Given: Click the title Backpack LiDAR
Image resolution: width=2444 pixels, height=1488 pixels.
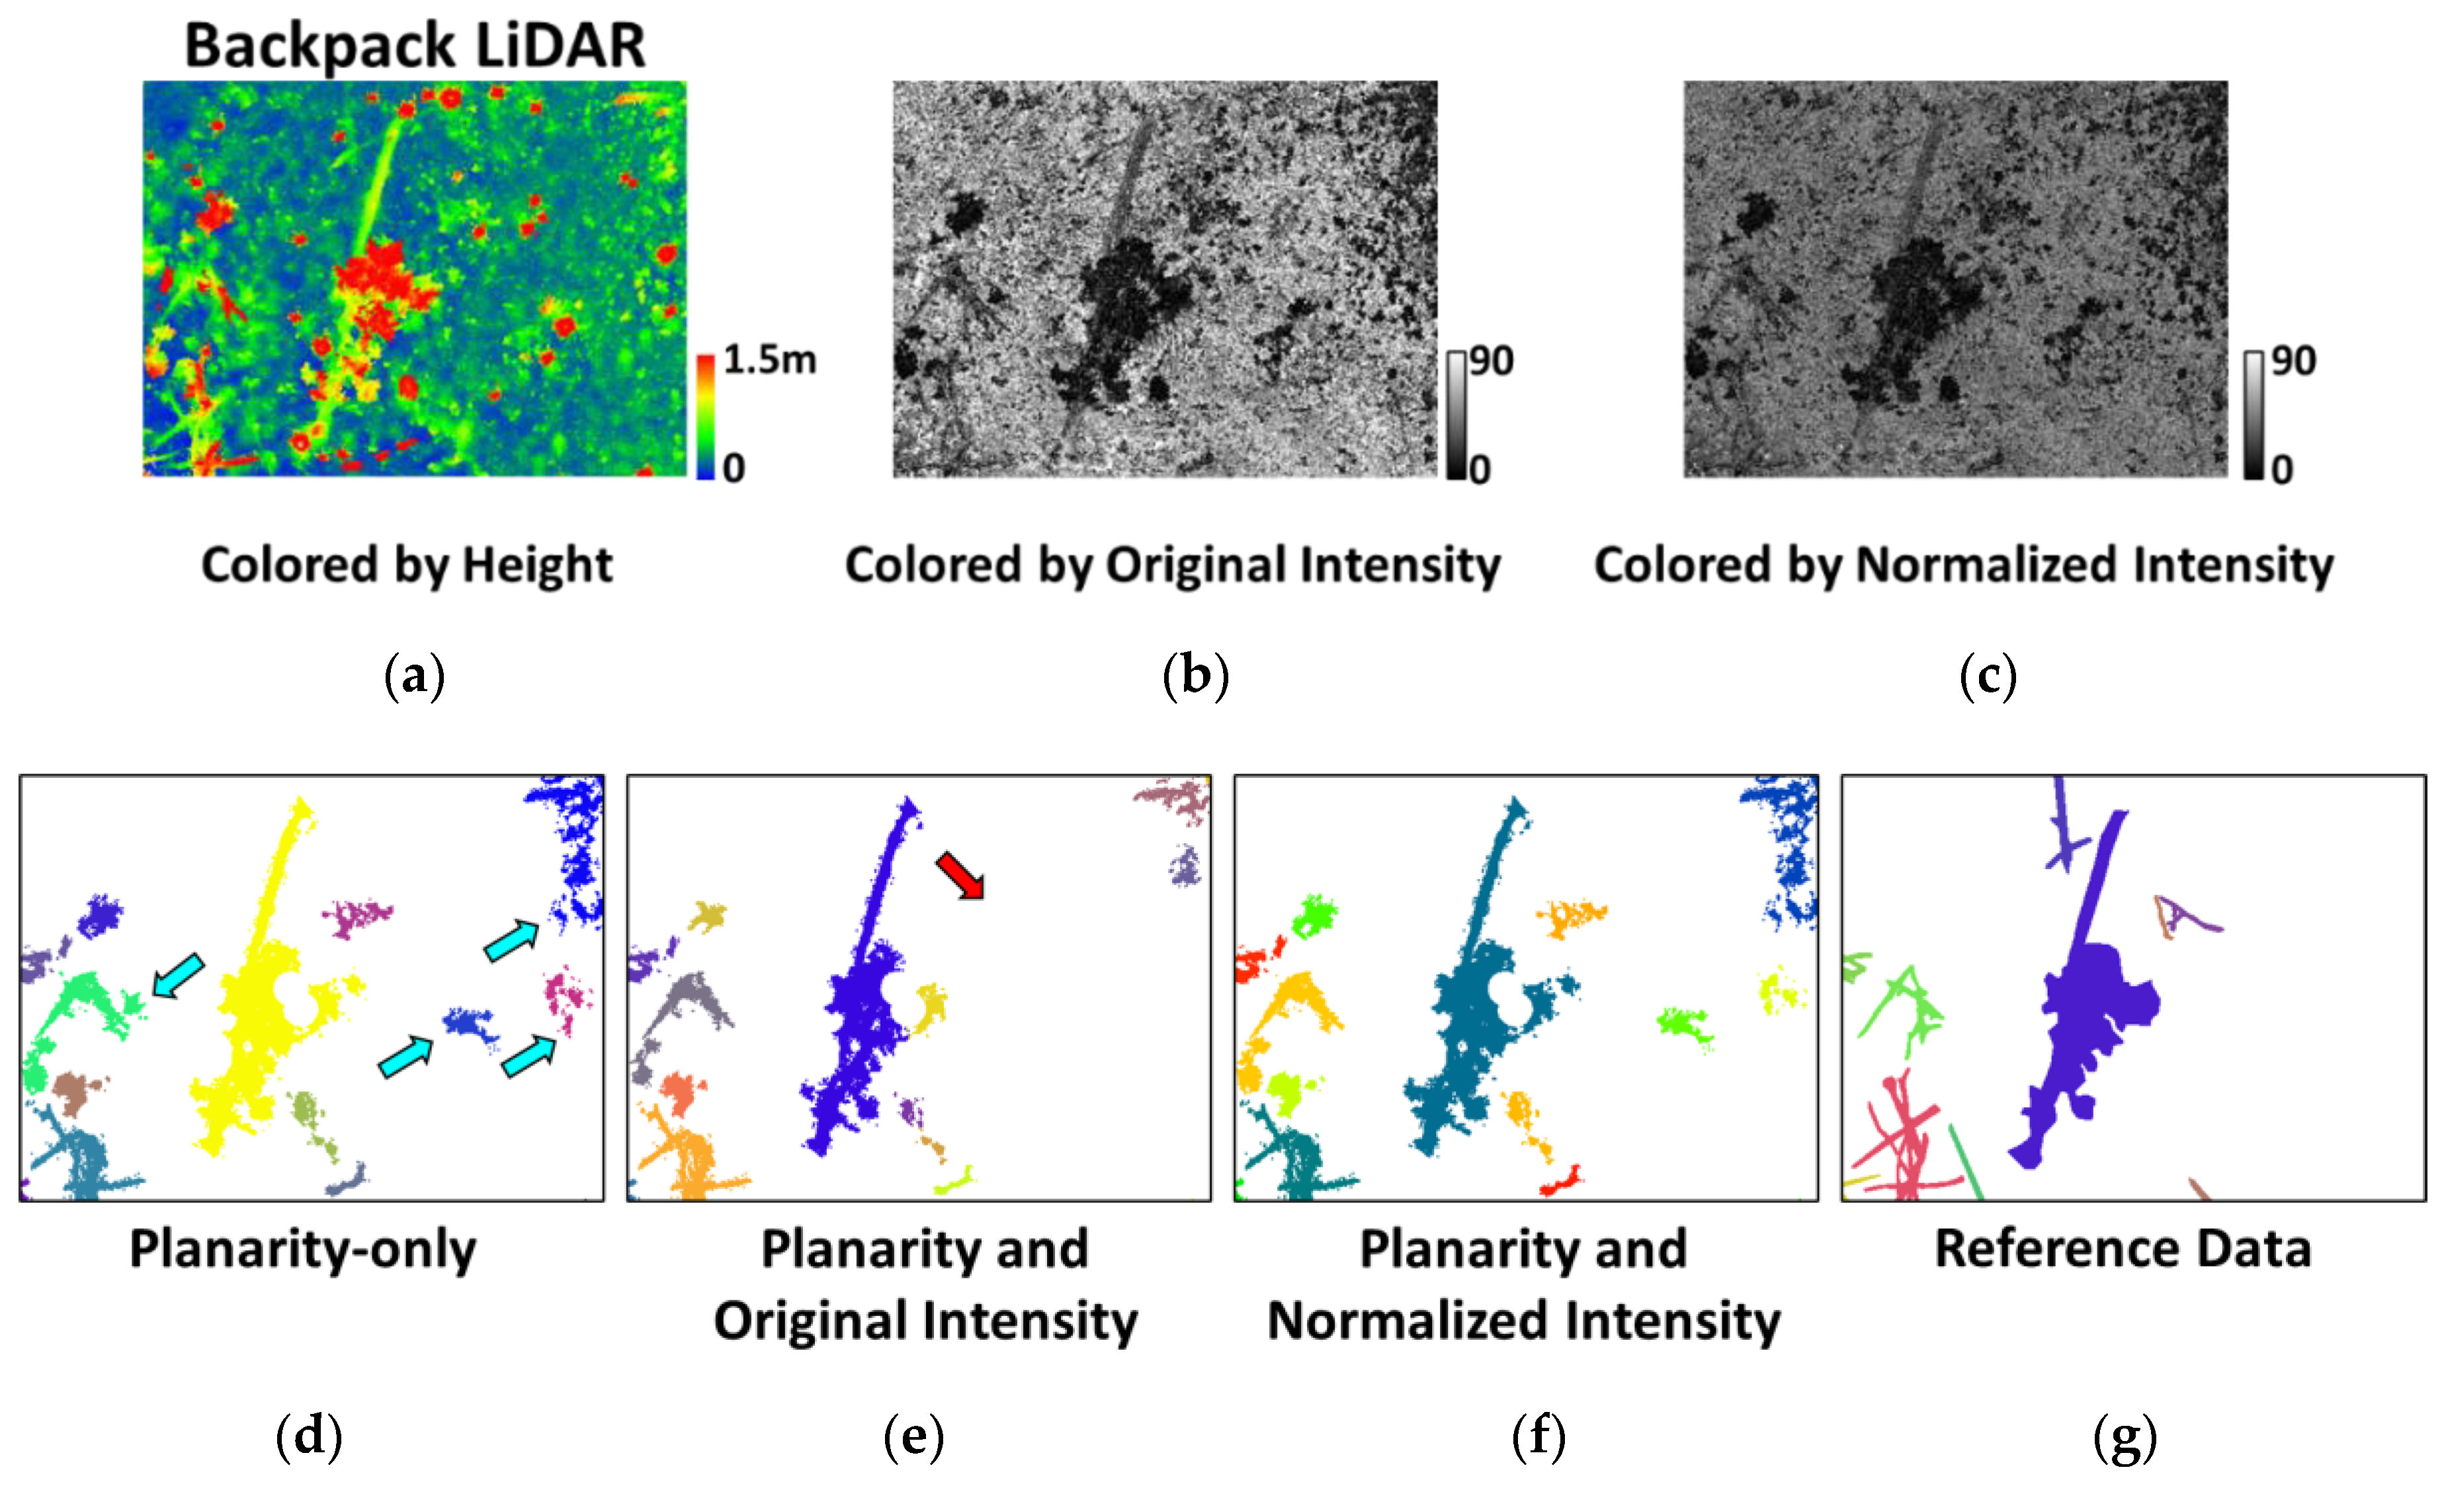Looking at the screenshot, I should [x=415, y=46].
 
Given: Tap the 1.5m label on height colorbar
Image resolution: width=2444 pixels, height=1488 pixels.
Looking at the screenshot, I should [x=769, y=360].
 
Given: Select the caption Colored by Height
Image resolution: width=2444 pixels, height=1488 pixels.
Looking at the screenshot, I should [x=407, y=565].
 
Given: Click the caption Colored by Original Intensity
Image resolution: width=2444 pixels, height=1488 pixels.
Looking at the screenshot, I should [x=1173, y=565].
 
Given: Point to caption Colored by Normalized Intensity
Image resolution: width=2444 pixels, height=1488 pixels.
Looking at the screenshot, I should [x=1963, y=565].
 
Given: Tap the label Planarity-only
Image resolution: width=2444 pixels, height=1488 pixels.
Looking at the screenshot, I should [x=302, y=1249].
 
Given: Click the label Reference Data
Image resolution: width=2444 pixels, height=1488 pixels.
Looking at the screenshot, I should [x=2123, y=1249].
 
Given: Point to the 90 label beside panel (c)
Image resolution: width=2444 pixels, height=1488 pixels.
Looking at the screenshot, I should [x=2293, y=361].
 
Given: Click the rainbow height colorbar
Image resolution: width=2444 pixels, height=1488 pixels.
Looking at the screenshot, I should [x=705, y=417].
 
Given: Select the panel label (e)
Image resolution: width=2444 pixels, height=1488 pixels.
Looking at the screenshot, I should [x=913, y=1436].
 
